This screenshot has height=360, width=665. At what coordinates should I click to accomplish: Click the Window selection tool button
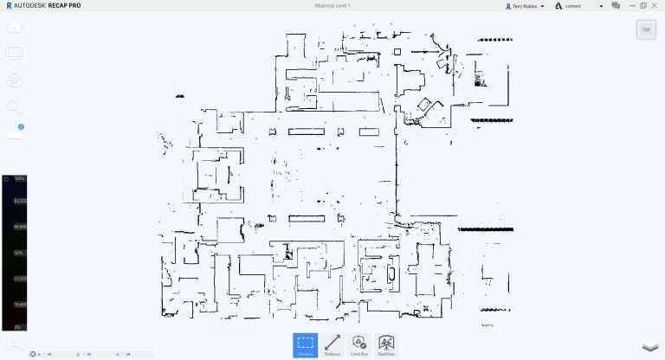[305, 345]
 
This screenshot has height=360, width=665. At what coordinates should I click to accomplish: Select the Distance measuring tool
[332, 345]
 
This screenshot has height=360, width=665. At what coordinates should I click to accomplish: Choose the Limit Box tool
[359, 345]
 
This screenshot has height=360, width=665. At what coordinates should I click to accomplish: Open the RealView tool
[386, 345]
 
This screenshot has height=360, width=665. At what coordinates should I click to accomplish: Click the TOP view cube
[644, 29]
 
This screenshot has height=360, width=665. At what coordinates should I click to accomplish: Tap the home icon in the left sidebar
[14, 26]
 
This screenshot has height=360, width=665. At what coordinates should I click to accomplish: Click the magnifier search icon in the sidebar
[14, 106]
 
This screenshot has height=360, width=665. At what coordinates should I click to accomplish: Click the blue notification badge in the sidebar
[21, 127]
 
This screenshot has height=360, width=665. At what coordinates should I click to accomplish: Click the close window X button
[656, 5]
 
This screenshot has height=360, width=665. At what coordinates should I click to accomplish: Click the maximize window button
[643, 5]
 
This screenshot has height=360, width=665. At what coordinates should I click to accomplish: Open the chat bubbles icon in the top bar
[616, 5]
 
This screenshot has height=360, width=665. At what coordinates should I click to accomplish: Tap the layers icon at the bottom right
[649, 346]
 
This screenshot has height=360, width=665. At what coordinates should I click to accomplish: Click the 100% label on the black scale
[19, 179]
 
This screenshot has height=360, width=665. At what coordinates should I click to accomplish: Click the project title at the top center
[332, 5]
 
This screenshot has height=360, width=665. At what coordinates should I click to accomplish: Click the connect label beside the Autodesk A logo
[572, 6]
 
